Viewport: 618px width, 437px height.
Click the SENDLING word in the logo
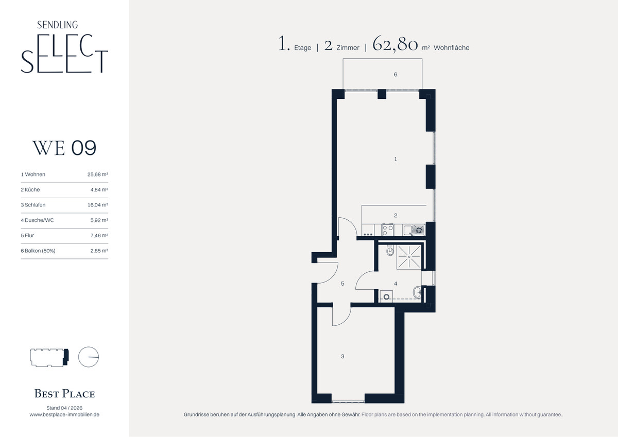tap(57, 25)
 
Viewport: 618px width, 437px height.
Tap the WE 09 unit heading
tap(64, 148)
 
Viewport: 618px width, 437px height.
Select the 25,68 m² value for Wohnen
tap(98, 174)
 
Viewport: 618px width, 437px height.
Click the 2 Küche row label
tap(30, 190)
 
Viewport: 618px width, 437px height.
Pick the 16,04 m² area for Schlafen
tap(98, 205)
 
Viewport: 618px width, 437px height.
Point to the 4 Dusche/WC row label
tap(37, 220)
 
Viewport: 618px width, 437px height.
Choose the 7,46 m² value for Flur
tap(99, 235)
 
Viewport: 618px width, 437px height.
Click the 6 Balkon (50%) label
tap(38, 251)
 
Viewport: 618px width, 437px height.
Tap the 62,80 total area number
tap(395, 44)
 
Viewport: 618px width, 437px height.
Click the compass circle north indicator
tap(89, 357)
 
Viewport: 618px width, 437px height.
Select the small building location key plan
tap(49, 357)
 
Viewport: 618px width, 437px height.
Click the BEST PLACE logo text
tap(64, 393)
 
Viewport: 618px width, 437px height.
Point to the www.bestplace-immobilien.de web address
tap(64, 414)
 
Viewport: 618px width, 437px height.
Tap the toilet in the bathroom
tap(390, 250)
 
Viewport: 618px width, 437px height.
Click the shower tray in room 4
tap(409, 257)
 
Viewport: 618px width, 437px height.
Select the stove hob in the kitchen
tap(388, 230)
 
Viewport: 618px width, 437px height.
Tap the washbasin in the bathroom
tap(417, 292)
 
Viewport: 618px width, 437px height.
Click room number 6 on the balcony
tap(396, 75)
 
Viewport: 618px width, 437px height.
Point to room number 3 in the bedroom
tap(342, 356)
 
